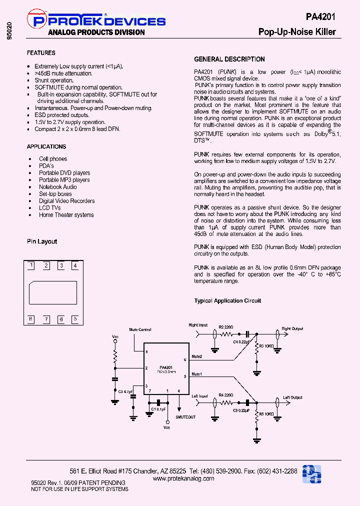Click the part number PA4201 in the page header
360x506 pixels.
pyautogui.click(x=320, y=17)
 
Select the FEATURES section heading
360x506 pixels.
pyautogui.click(x=41, y=53)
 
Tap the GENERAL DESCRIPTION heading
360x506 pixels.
pyautogui.click(x=229, y=59)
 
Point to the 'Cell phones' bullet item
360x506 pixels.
pyautogui.click(x=53, y=159)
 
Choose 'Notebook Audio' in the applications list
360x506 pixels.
pyautogui.click(x=58, y=187)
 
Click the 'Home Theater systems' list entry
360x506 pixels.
pyautogui.click(x=66, y=215)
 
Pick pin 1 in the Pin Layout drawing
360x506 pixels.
pyautogui.click(x=32, y=265)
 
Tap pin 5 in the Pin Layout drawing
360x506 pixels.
pyautogui.click(x=75, y=318)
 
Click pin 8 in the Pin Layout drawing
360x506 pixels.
pyautogui.click(x=31, y=318)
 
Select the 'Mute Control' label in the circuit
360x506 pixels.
pyautogui.click(x=140, y=330)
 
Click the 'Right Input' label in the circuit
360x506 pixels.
pyautogui.click(x=198, y=325)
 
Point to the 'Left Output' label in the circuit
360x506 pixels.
pyautogui.click(x=293, y=397)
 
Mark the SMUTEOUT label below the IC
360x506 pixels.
pyautogui.click(x=185, y=416)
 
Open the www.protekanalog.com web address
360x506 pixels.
pyautogui.click(x=183, y=478)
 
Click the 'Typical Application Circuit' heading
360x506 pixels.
pyautogui.click(x=227, y=301)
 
